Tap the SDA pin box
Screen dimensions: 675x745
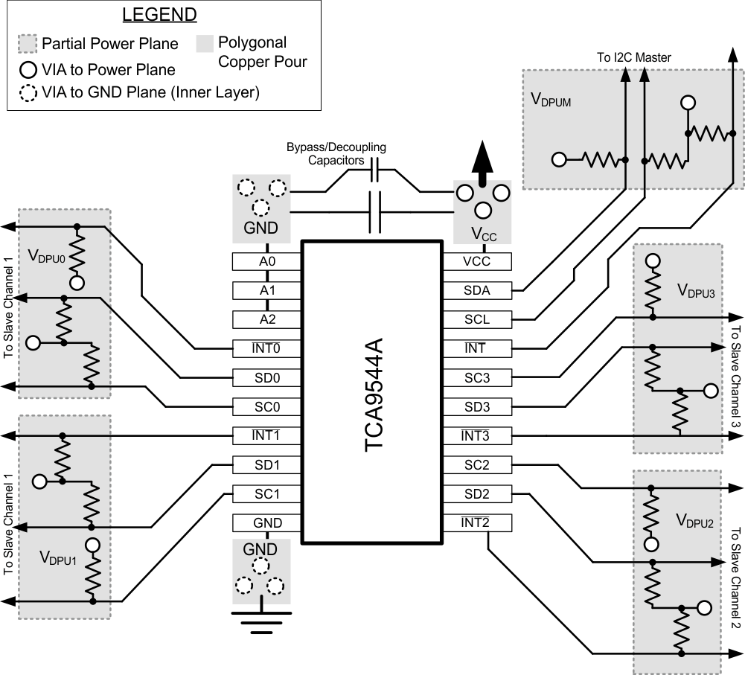tap(477, 290)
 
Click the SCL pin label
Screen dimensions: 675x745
tap(477, 319)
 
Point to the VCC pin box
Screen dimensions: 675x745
tap(477, 261)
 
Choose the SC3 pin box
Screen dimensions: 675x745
tap(477, 377)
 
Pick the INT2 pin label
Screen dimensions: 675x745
tap(477, 522)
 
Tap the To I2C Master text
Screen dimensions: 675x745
tap(634, 57)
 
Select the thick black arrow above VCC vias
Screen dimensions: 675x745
tap(482, 164)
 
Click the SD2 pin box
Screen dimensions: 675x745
tap(477, 493)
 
